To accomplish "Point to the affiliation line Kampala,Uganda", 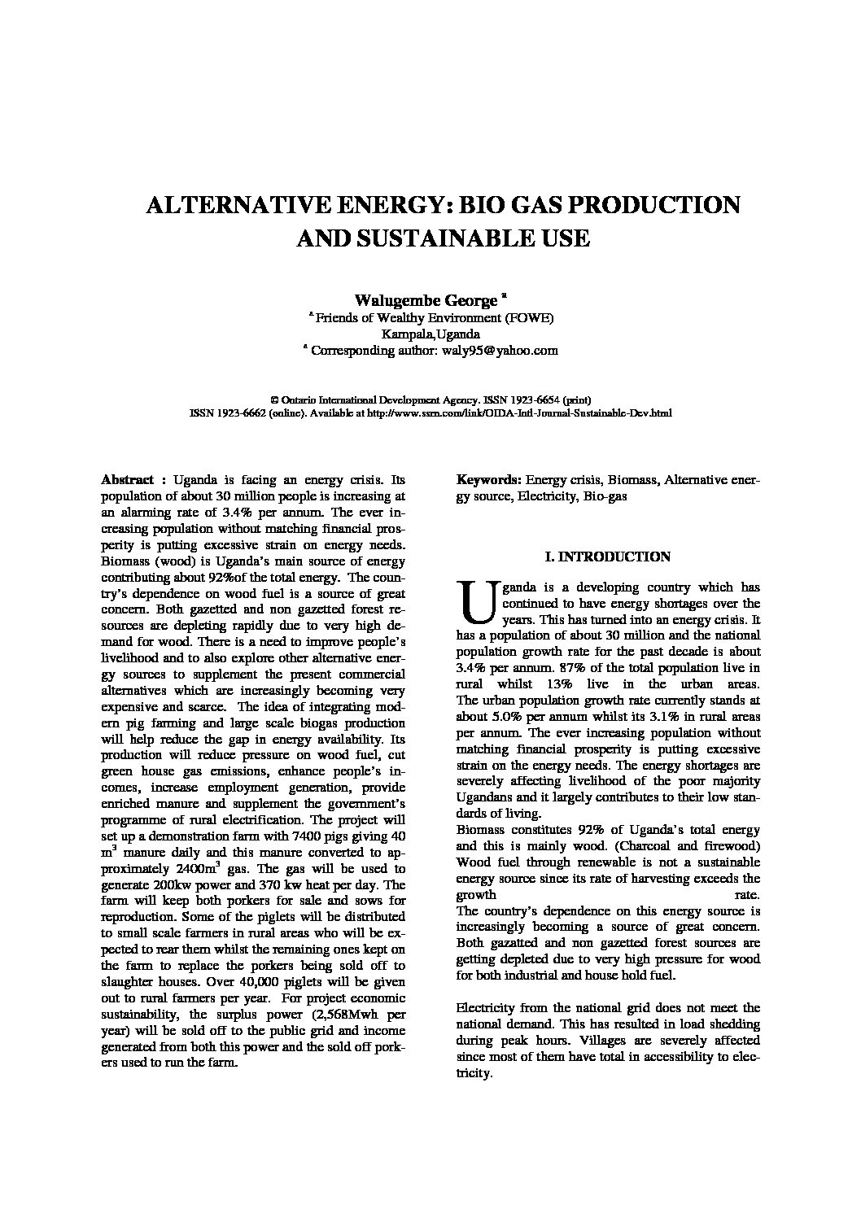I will tap(430, 334).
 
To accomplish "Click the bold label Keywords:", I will tap(489, 481).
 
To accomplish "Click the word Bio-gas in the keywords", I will tap(605, 496).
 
